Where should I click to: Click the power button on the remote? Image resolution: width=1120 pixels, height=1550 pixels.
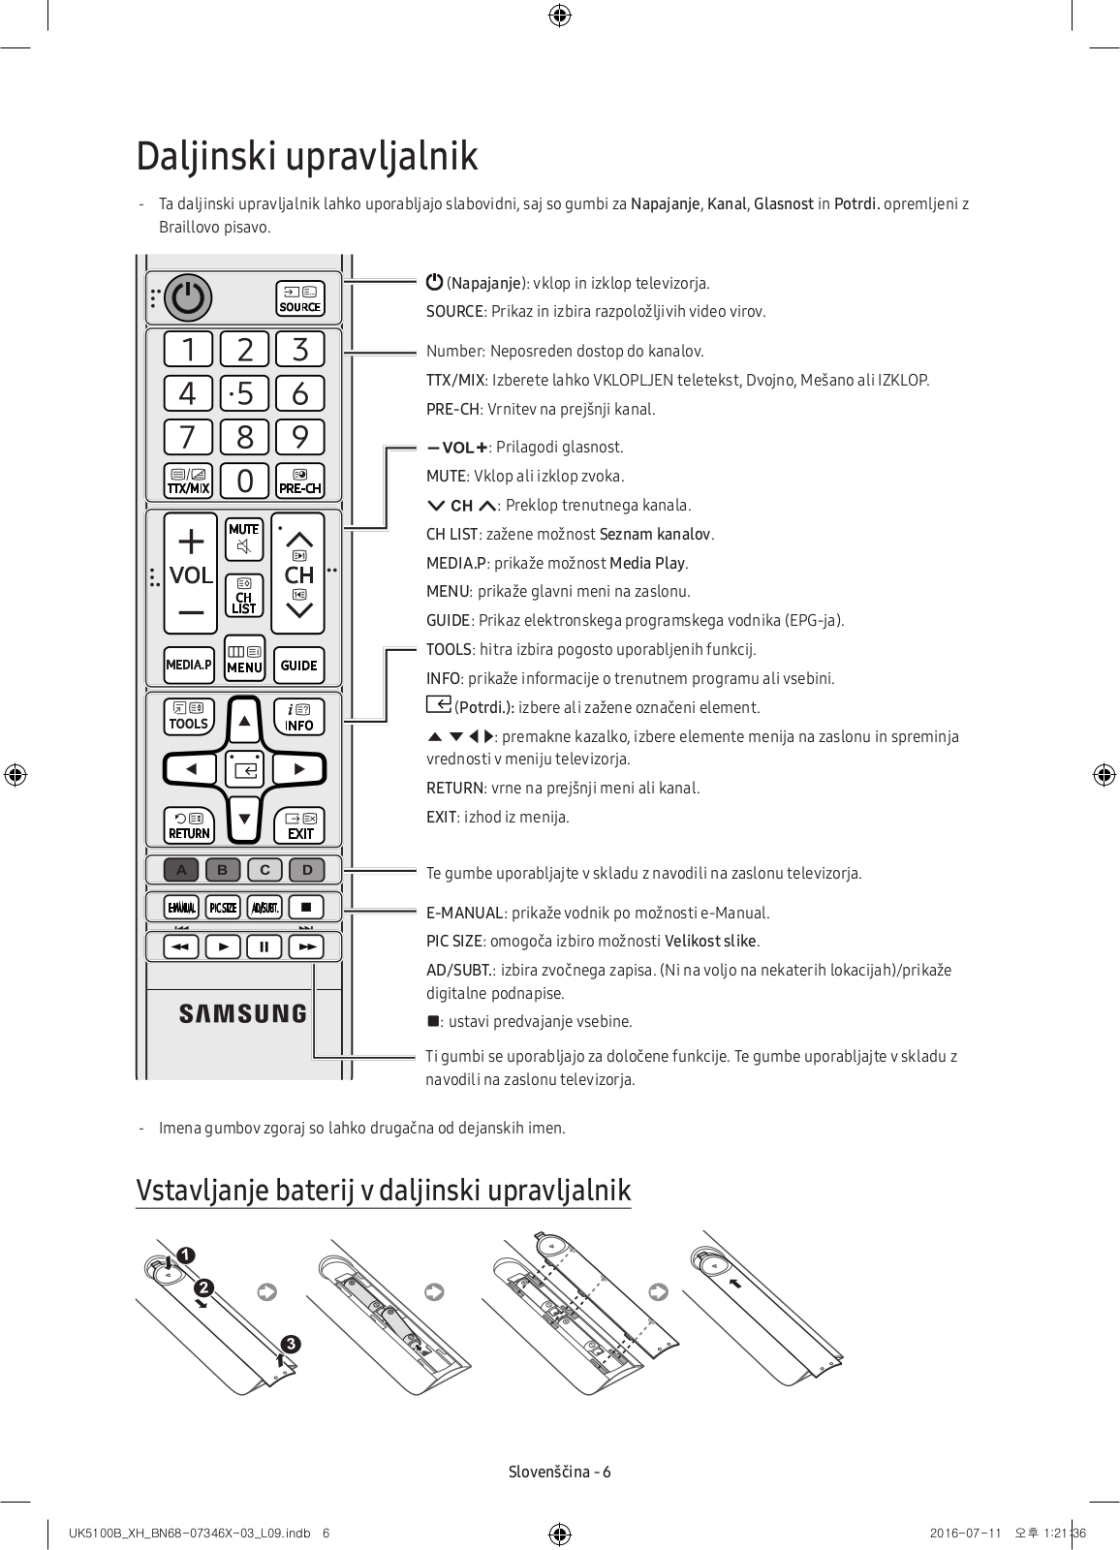point(187,297)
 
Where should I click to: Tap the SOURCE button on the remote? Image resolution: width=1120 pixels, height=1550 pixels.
point(299,298)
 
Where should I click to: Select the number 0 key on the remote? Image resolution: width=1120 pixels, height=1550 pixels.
point(244,480)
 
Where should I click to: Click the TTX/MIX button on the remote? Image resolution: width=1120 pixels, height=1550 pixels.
point(188,480)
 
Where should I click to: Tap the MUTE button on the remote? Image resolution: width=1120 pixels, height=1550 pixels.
point(244,540)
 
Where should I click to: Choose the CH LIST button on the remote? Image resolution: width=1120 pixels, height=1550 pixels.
point(243,596)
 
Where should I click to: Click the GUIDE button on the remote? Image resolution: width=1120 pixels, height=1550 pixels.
point(298,665)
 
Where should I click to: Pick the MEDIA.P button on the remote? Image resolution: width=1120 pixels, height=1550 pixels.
point(188,665)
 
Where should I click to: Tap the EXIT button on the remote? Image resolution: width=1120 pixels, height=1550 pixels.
point(300,825)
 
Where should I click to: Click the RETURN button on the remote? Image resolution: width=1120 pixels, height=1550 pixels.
point(189,825)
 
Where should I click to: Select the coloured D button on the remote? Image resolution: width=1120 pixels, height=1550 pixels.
point(307,869)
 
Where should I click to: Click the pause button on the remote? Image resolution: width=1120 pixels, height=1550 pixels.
point(264,946)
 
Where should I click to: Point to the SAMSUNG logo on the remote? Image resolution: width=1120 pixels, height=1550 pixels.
point(242,1013)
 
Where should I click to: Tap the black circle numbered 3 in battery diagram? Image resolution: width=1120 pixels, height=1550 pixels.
point(291,1344)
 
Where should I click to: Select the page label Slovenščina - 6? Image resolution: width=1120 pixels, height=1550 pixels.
point(560,1472)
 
